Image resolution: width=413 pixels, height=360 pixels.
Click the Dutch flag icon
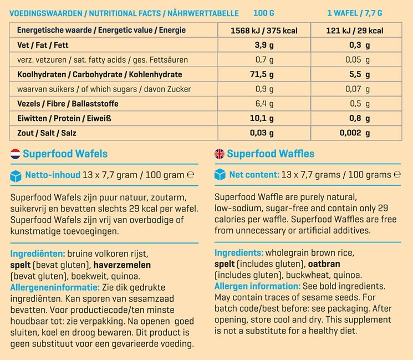tap(16, 154)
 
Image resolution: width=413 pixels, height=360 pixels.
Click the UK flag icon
tap(219, 154)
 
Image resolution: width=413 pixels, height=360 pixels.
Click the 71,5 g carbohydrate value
tap(260, 74)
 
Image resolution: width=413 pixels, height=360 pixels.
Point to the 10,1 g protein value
tap(260, 118)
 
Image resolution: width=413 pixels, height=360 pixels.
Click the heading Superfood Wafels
tap(65, 154)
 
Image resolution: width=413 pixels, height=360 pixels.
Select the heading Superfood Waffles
tap(271, 154)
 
